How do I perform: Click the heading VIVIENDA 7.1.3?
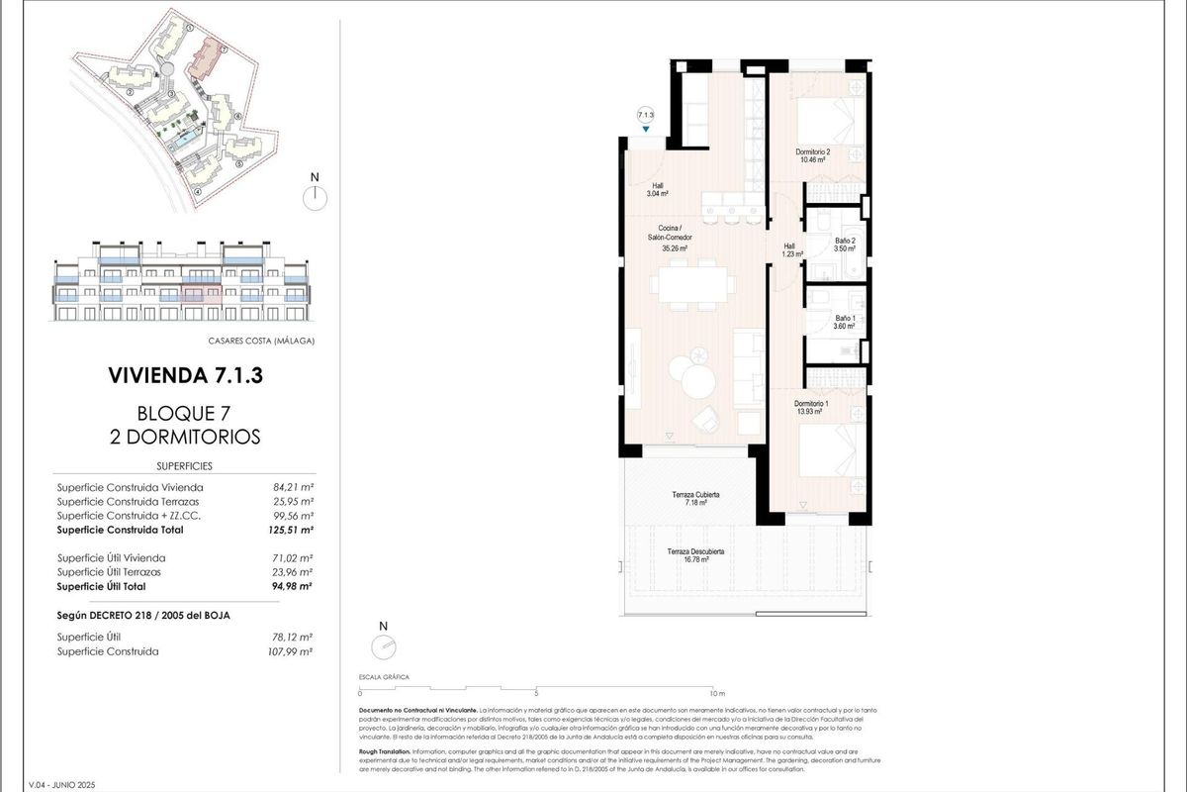coord(185,376)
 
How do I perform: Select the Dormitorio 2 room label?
coord(813,155)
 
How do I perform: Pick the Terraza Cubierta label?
coord(692,498)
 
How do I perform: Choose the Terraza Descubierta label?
coord(695,555)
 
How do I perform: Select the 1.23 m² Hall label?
coord(790,251)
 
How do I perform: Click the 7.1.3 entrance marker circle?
coord(646,115)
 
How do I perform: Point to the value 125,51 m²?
coord(292,530)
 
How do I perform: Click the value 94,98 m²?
coord(293,586)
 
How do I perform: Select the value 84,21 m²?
coord(293,487)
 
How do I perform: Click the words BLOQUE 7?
coord(185,413)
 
